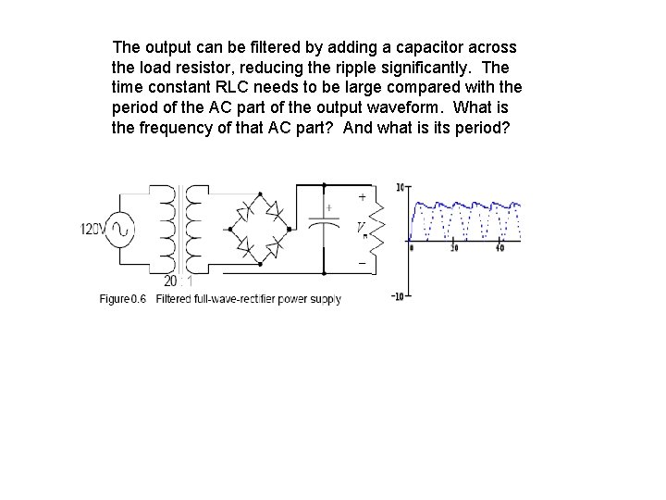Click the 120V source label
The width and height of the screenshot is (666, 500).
(x=95, y=229)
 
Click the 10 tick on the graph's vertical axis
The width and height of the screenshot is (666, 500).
(x=401, y=187)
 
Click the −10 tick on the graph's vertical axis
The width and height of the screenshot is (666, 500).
(x=399, y=296)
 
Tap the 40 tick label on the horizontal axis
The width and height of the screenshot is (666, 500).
(x=499, y=248)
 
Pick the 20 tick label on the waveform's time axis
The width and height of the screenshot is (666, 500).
(x=453, y=248)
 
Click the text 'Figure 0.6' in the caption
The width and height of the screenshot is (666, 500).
(x=124, y=299)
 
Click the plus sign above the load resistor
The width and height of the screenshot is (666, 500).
(x=361, y=196)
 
